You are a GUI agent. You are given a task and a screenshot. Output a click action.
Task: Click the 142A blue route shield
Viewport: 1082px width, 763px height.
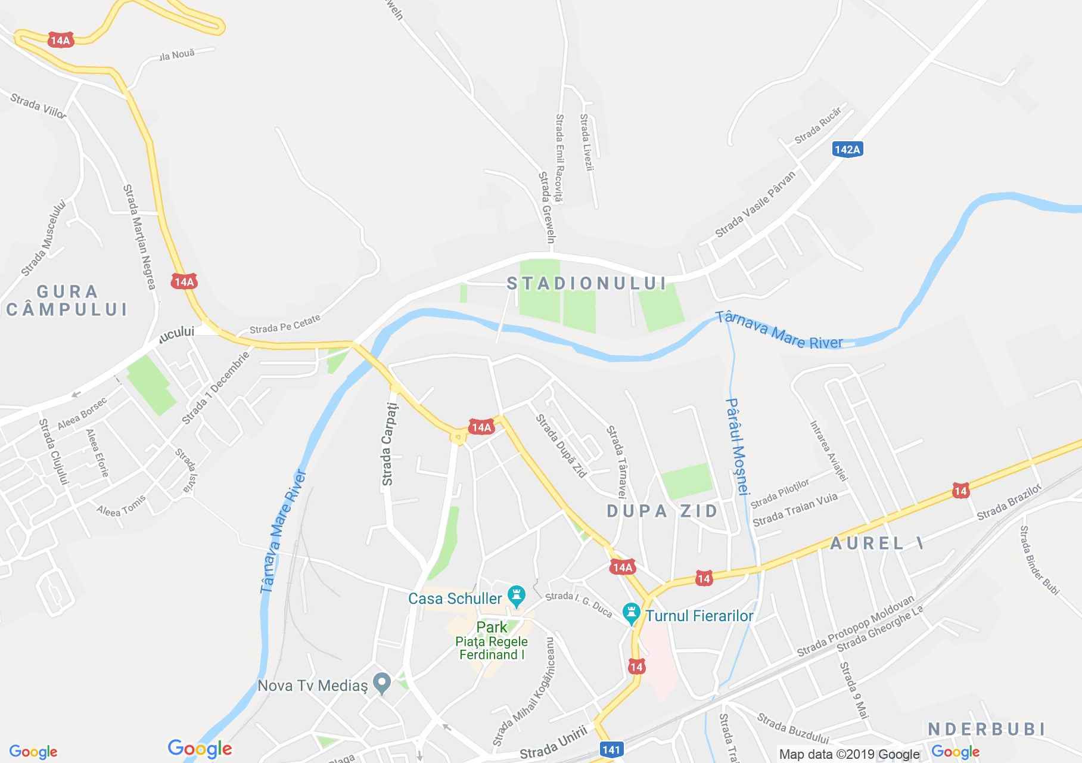[x=847, y=149]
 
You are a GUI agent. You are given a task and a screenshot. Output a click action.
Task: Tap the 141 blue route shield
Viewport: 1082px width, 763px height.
[x=611, y=750]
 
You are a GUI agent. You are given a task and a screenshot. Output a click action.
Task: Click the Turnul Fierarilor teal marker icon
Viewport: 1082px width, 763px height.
[x=631, y=613]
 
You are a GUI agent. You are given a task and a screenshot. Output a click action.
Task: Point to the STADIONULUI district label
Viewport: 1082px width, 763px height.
[x=586, y=283]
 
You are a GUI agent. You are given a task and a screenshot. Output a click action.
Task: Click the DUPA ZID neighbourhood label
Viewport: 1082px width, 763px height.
[x=663, y=511]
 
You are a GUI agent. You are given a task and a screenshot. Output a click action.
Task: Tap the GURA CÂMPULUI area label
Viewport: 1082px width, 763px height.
[x=67, y=300]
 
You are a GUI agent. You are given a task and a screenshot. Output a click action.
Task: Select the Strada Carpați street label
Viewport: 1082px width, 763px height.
[x=389, y=443]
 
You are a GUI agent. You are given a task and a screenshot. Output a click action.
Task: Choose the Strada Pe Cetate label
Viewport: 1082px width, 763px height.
[x=285, y=324]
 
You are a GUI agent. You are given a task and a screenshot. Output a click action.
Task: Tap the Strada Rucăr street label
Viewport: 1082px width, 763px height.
[x=818, y=126]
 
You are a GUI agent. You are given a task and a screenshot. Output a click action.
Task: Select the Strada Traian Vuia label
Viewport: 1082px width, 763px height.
[x=795, y=510]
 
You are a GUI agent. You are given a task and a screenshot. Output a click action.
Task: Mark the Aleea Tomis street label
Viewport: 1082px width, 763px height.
[x=121, y=505]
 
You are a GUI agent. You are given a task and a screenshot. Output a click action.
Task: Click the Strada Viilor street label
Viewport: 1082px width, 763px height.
[x=38, y=106]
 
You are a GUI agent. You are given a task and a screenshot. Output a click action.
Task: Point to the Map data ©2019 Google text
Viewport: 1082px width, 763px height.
[x=849, y=755]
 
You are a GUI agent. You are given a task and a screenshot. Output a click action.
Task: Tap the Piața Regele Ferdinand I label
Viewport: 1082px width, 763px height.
[x=492, y=648]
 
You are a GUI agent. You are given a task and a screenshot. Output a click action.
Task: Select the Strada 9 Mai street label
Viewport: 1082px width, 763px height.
[x=854, y=690]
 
